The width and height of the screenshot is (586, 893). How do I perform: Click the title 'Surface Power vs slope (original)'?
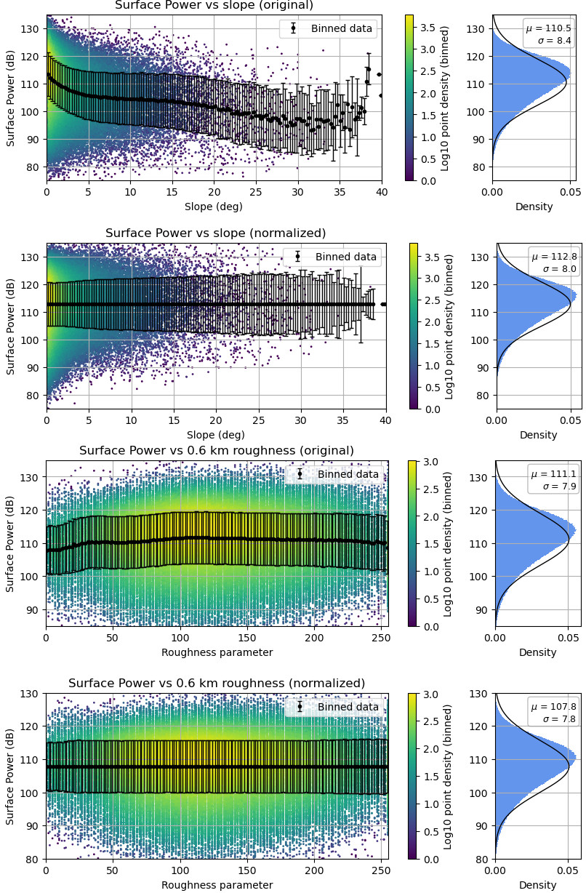point(214,6)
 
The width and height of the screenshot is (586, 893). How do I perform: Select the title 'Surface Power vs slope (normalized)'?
point(216,233)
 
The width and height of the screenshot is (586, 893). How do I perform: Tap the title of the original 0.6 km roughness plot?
point(217,451)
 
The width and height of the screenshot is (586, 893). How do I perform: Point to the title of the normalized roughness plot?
point(217,684)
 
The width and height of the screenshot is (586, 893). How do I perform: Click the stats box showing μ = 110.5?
point(550,34)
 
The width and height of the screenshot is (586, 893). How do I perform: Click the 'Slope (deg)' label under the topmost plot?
point(214,207)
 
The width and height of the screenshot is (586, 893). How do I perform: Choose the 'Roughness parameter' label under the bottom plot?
point(217,885)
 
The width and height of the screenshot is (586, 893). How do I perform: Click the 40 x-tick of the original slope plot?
point(382,192)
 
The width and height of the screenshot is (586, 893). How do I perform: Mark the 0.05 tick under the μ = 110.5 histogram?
point(567,192)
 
